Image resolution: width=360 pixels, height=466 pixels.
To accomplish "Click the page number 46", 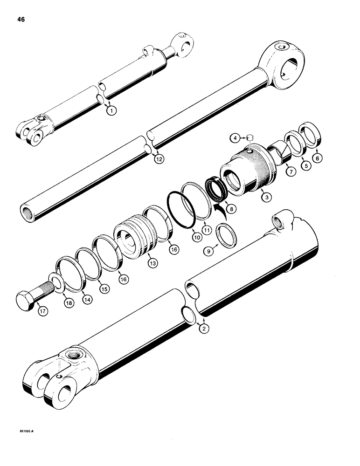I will pos(22,20).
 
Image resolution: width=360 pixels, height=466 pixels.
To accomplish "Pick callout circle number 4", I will pos(237,138).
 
